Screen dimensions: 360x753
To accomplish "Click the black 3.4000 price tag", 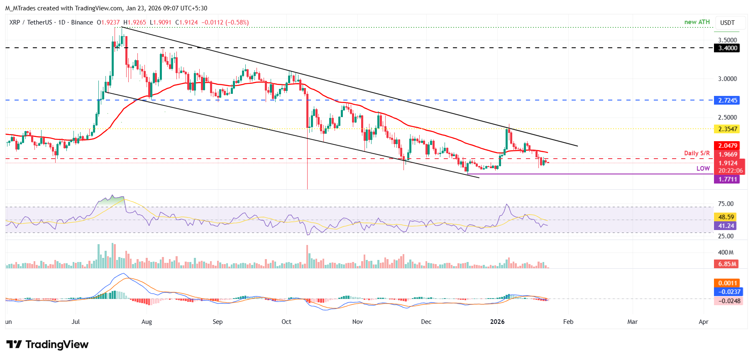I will [728, 48].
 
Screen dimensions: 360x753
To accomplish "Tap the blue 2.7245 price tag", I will [728, 100].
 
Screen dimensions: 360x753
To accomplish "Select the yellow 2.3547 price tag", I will [728, 129].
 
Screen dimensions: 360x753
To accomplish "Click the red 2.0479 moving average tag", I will [728, 146].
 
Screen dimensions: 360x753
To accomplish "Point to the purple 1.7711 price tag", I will [728, 179].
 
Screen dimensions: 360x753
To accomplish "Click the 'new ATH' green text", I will [697, 22].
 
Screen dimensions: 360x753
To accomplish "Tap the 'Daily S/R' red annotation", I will [697, 153].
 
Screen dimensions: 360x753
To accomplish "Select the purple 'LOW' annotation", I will [703, 168].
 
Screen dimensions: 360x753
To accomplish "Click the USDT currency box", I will [727, 23].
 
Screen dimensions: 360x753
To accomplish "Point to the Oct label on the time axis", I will [286, 322].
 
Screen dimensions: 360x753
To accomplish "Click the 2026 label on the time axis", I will [497, 322].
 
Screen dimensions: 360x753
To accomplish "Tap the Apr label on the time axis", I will [704, 322].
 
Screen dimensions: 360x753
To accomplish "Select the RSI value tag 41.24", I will [726, 226].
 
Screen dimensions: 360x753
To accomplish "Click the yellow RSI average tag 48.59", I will [726, 217].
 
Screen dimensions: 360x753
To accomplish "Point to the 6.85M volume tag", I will [727, 264].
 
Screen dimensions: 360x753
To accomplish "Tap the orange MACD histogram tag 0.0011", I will [727, 283].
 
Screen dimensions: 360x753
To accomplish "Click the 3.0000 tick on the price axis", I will [727, 79].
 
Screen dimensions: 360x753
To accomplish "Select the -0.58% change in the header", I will [237, 22].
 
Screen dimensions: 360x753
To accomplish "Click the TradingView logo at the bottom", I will [47, 345].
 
